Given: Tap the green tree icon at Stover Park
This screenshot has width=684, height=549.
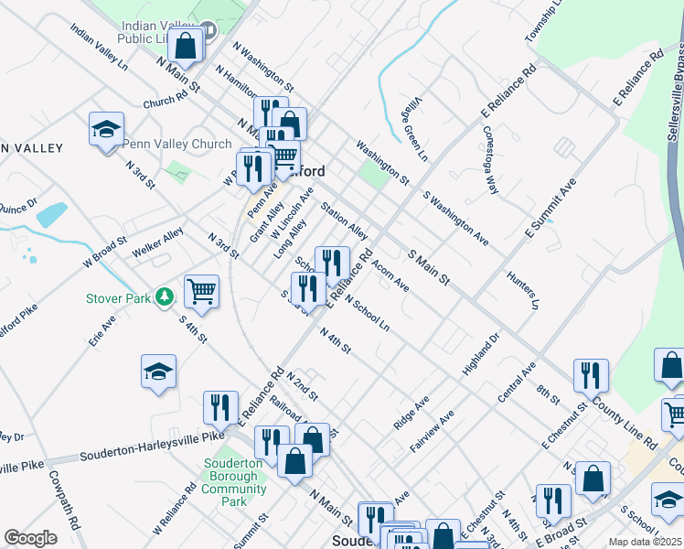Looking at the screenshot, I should tap(165, 296).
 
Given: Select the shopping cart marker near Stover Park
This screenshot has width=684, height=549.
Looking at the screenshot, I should tap(201, 292).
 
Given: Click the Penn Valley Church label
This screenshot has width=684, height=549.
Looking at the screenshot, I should tap(177, 144).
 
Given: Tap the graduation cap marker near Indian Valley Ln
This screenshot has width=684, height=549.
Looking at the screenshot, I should tap(106, 128).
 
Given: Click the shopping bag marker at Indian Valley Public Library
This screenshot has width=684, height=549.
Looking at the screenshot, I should tap(186, 46).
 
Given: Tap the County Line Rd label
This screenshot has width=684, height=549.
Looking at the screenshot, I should tap(624, 422).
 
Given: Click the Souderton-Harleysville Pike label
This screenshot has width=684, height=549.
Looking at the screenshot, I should tap(152, 445).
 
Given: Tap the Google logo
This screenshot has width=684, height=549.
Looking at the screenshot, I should tap(30, 538).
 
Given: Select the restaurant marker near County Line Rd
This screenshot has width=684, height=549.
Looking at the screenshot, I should tap(591, 374).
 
